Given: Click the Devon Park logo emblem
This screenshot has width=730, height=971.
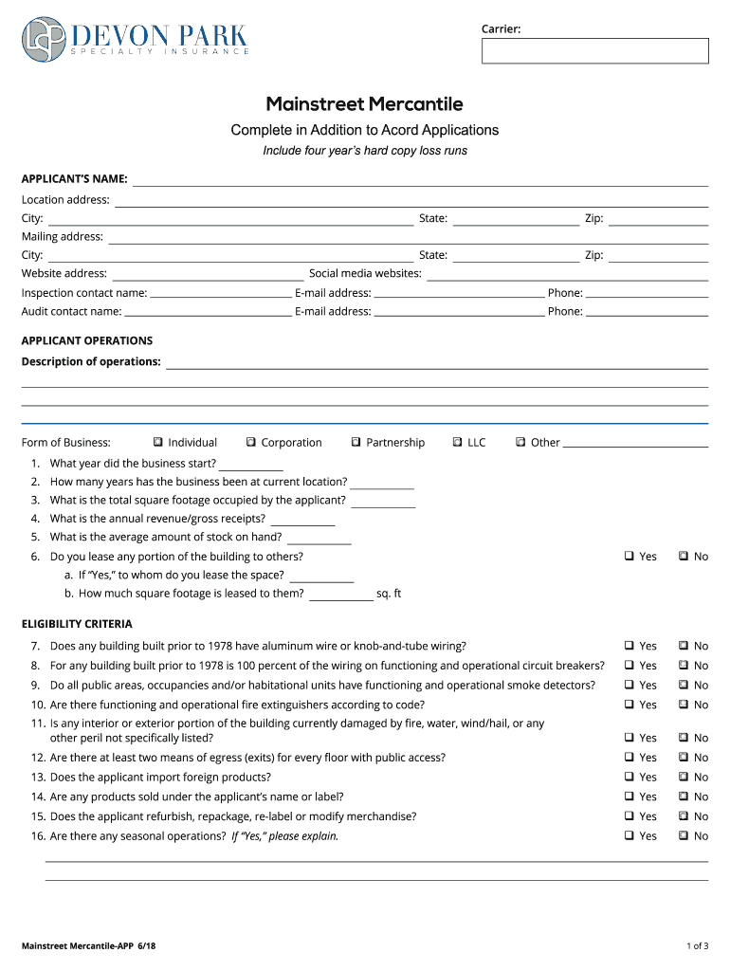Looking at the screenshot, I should [x=44, y=39].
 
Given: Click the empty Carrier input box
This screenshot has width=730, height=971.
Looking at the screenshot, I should [x=594, y=51].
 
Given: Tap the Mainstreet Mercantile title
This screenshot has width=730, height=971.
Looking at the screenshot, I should [x=364, y=104].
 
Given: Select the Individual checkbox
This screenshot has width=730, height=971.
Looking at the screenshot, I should [x=157, y=443].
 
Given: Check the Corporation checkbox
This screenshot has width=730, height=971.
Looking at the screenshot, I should [x=251, y=443].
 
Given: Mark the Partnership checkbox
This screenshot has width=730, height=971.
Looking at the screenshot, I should [x=356, y=443].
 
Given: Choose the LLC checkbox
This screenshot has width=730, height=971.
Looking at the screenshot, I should [x=457, y=443].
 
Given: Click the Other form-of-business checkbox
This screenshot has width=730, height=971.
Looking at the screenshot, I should [x=520, y=443].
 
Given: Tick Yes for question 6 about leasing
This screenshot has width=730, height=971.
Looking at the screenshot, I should [x=629, y=557].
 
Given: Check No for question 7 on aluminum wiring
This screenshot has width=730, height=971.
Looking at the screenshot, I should [x=683, y=646].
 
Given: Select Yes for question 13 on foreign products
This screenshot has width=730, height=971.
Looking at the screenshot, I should [x=629, y=778].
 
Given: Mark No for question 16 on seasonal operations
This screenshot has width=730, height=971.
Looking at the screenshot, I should [x=683, y=836].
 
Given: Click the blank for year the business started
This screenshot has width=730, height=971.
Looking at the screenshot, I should [x=251, y=465].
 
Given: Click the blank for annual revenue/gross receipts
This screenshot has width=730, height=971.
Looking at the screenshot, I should [x=302, y=520].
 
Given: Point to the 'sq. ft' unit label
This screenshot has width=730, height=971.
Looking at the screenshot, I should [x=389, y=594].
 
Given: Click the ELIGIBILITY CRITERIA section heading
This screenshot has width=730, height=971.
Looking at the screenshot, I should [x=77, y=624].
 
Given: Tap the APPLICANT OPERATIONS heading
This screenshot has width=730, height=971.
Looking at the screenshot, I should [x=87, y=340].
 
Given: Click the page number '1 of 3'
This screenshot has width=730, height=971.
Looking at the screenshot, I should [x=697, y=945].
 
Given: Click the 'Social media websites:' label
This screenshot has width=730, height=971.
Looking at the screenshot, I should [x=365, y=273].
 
